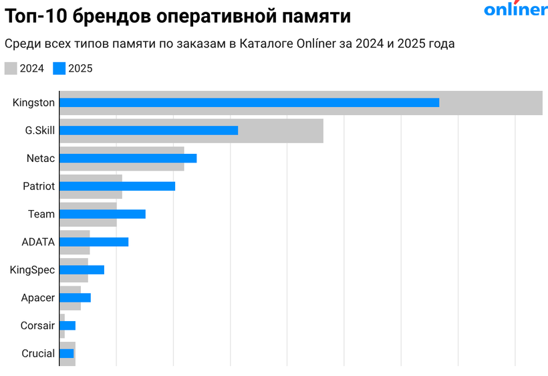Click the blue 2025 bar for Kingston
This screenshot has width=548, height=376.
249,102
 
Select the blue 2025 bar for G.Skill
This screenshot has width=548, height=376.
148,130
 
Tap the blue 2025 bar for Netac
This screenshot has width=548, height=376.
128,158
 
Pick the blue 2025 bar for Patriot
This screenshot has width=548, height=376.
117,186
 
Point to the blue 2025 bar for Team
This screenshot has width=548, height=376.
102,214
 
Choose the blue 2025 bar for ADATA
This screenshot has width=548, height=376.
94,242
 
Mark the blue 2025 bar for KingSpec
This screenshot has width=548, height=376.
82,270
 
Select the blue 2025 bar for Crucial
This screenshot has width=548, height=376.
66,353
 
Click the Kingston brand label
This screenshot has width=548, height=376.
33,102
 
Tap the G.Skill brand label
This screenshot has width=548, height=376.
39,130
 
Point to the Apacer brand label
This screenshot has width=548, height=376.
37,298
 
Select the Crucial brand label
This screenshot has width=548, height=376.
38,353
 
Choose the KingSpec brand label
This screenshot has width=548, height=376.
32,270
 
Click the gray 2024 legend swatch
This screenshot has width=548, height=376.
11,68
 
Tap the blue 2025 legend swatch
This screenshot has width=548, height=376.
59,68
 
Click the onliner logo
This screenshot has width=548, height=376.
515,9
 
